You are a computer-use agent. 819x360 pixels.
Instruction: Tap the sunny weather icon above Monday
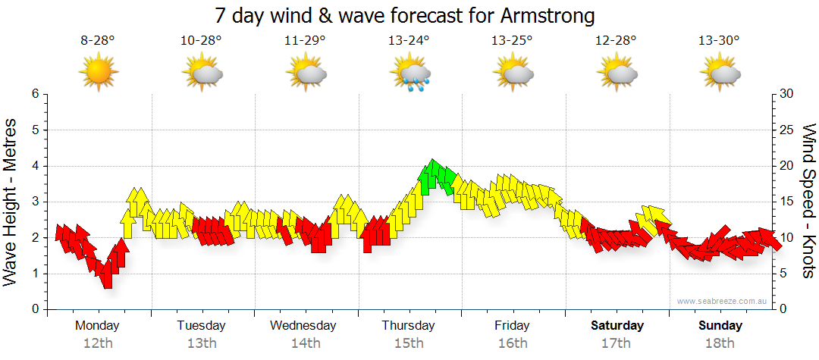coord(99,73)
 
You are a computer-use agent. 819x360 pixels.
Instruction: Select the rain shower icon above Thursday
coord(410,74)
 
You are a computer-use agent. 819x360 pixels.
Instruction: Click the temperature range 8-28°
coord(98,41)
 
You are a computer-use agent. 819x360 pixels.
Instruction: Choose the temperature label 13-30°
coord(719,41)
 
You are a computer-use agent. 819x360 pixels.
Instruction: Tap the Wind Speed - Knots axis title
coord(808,202)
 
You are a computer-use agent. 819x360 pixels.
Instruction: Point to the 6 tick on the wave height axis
coord(35,94)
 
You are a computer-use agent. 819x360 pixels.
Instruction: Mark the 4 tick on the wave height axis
coord(35,166)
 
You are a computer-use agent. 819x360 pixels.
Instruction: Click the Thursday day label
coord(408,326)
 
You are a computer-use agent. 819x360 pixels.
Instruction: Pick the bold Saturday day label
coord(617,326)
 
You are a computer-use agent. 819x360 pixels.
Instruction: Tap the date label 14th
coord(305,343)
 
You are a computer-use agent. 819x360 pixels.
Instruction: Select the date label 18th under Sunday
coord(720,343)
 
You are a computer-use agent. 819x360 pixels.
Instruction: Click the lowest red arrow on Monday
coord(108,274)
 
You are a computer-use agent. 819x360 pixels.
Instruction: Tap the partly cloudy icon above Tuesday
coord(202,74)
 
